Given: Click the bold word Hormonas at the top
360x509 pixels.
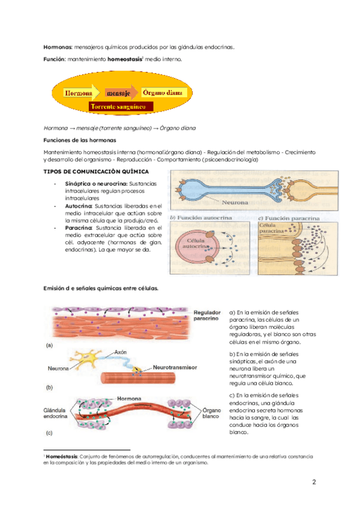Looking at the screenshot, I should coord(58,47).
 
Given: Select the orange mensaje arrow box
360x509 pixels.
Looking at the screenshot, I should coord(118,93).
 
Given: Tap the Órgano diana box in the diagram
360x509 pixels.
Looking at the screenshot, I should coord(164,93).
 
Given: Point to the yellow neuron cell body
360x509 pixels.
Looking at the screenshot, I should coord(89,359).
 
